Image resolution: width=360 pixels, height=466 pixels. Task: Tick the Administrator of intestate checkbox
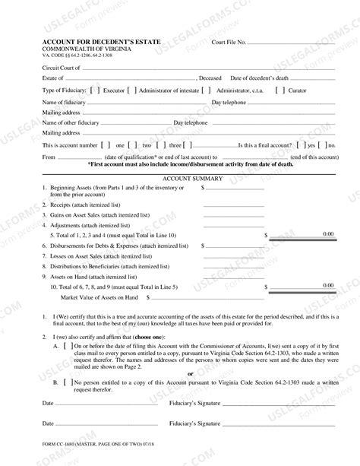tap(132, 90)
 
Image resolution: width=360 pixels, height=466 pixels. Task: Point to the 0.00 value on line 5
tap(327, 235)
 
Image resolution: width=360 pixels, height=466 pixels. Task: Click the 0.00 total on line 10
tap(327, 285)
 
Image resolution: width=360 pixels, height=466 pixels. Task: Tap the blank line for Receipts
tap(233, 205)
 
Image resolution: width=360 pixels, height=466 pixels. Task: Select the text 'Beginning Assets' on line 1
tap(73, 186)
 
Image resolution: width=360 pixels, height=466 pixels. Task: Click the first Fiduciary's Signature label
tap(194, 403)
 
